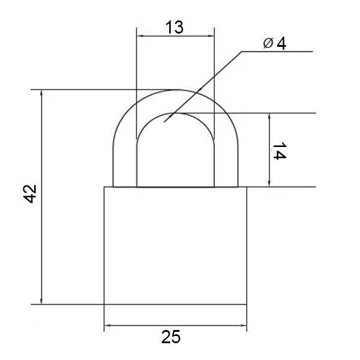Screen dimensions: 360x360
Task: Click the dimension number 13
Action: (175, 28)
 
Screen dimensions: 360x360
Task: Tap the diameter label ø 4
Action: (275, 43)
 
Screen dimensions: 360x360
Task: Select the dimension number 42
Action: (31, 194)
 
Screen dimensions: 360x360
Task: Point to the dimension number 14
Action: (280, 151)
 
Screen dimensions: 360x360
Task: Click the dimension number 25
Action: (171, 337)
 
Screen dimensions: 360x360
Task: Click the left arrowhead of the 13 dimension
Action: (140, 36)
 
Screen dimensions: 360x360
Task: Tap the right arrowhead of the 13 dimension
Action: (211, 36)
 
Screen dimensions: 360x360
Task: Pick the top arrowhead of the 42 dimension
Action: (41, 93)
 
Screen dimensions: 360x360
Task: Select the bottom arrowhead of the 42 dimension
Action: (41, 301)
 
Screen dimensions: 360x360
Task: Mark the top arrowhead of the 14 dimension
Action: (269, 116)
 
